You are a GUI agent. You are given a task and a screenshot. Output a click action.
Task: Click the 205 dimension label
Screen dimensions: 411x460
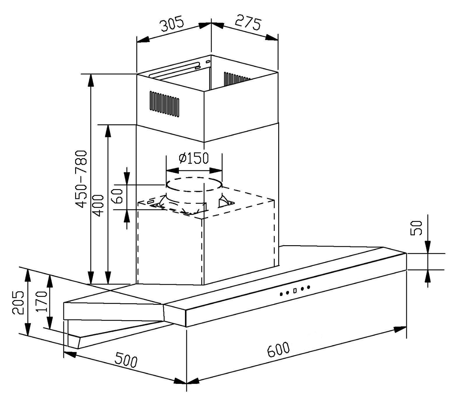(18, 302)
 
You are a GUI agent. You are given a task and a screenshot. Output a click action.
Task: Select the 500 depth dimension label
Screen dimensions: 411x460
(126, 359)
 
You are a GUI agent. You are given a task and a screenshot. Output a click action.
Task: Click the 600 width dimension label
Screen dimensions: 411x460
(278, 350)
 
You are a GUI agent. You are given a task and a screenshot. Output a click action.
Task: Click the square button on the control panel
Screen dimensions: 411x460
(295, 290)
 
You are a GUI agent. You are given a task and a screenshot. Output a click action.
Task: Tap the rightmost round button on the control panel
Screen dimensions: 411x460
(308, 287)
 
